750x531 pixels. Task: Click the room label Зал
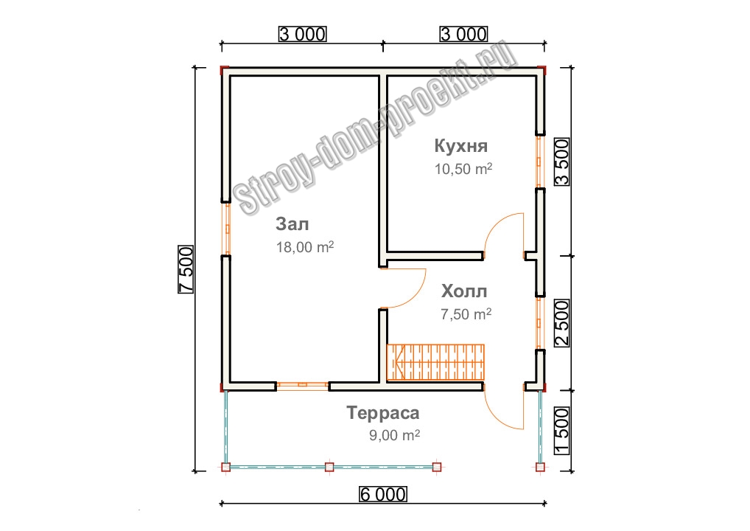[x=292, y=223]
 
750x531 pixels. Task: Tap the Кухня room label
[x=460, y=145]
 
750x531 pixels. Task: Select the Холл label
[x=463, y=291]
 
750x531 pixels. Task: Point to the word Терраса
[x=382, y=412]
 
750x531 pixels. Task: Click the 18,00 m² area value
[x=305, y=247]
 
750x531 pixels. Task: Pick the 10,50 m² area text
[x=463, y=169]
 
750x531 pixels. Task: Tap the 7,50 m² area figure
[x=466, y=314]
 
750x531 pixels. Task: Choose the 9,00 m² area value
[x=394, y=435]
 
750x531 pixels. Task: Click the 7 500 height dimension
[x=186, y=269]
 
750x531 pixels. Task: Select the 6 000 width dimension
[x=382, y=493]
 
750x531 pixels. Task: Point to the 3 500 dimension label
[x=562, y=162]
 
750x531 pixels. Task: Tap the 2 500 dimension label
[x=562, y=323]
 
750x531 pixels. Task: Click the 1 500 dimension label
[x=562, y=431]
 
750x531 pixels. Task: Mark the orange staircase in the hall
[x=435, y=362]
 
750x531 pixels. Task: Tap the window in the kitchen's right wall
[x=539, y=162]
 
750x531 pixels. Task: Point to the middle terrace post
[x=329, y=467]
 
